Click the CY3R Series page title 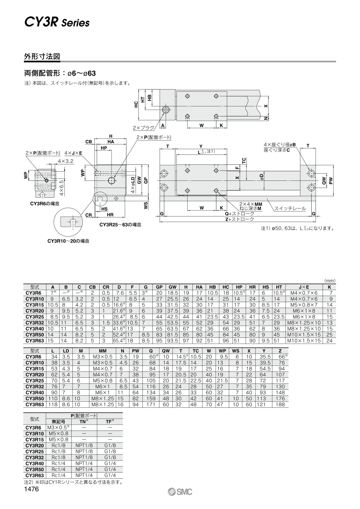[57, 23]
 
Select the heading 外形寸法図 [42, 56]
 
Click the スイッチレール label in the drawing [290, 208]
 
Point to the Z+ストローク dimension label [239, 219]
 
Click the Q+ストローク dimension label [239, 214]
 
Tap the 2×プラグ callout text [144, 128]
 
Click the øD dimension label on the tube [262, 176]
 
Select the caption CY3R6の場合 [45, 204]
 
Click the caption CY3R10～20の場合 [68, 241]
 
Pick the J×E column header [304, 287]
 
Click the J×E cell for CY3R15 [304, 305]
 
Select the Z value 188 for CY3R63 [280, 405]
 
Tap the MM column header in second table [103, 351]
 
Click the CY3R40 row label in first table [34, 329]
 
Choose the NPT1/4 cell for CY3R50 [84, 469]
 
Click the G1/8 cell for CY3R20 [110, 445]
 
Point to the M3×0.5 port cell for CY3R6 [58, 427]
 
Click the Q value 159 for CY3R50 [151, 398]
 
